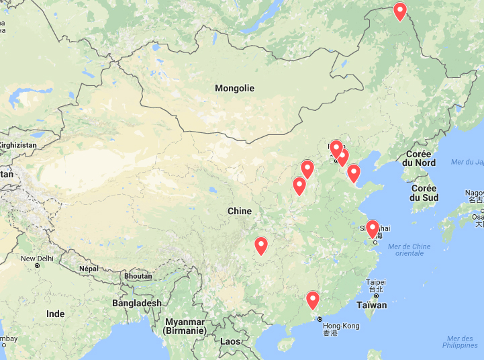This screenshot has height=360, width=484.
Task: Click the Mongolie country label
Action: (x=234, y=88)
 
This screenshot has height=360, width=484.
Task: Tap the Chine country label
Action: (x=239, y=211)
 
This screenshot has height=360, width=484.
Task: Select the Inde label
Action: (x=56, y=314)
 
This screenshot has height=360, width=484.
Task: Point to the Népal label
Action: (x=89, y=268)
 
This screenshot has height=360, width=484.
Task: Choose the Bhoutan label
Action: (x=138, y=276)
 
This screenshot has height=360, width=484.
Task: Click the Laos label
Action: (x=230, y=341)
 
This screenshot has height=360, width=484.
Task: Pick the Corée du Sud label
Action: (x=424, y=193)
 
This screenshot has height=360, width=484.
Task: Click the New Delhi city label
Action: (x=37, y=259)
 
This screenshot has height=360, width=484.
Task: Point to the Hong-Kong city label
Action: (x=341, y=326)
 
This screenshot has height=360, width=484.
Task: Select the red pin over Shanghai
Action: (x=372, y=229)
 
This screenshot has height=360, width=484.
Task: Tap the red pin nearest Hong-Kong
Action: (x=312, y=300)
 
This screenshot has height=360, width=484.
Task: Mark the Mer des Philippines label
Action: (x=461, y=341)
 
